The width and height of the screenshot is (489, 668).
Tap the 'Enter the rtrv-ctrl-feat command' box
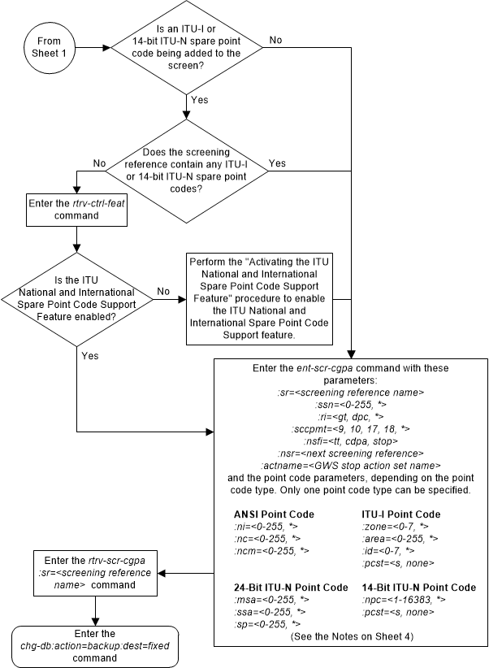pyautogui.click(x=76, y=210)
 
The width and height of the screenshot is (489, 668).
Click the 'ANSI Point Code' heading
pyautogui.click(x=275, y=514)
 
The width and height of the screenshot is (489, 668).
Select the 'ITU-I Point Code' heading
pyautogui.click(x=401, y=514)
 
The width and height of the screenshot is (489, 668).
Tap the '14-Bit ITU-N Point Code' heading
pyautogui.click(x=418, y=587)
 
